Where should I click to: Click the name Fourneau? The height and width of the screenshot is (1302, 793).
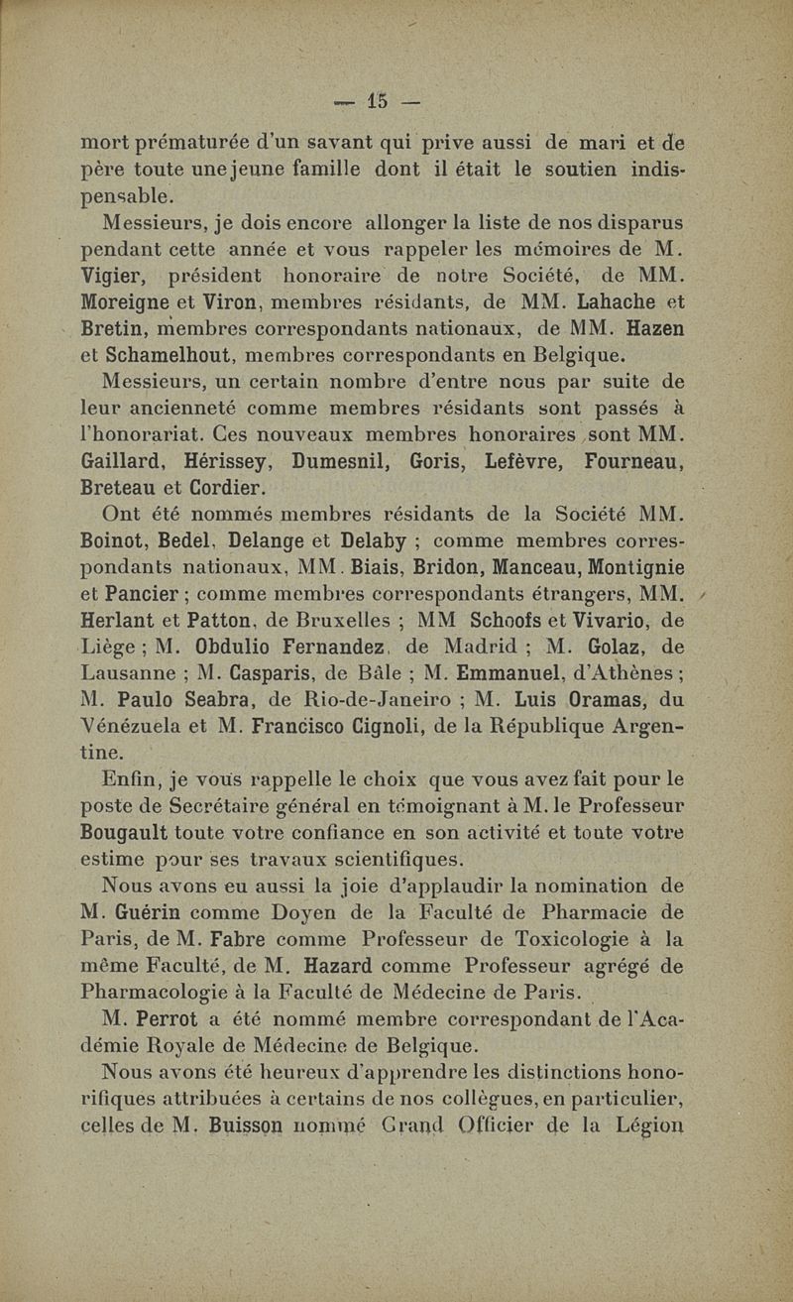[633, 461]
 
